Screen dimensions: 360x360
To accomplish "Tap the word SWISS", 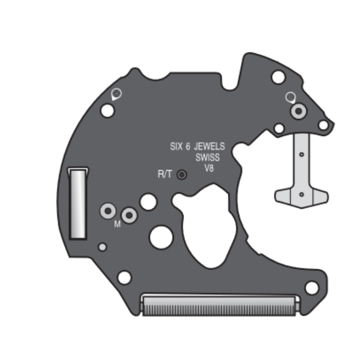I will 207,157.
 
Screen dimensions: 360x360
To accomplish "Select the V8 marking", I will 209,168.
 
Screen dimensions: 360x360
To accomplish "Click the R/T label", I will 164,174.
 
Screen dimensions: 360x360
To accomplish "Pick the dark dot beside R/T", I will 182,175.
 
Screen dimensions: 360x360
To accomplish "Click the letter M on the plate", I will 117,224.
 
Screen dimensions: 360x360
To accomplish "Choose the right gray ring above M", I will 129,215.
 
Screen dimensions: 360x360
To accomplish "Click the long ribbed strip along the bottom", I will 220,306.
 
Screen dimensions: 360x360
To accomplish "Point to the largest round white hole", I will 161,236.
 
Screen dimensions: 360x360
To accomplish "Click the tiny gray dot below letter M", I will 102,247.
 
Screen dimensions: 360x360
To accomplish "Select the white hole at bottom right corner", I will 311,288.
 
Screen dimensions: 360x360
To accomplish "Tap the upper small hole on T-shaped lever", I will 301,155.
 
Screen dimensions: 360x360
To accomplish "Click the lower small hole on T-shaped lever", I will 301,194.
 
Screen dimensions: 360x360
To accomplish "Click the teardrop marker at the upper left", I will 115,94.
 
